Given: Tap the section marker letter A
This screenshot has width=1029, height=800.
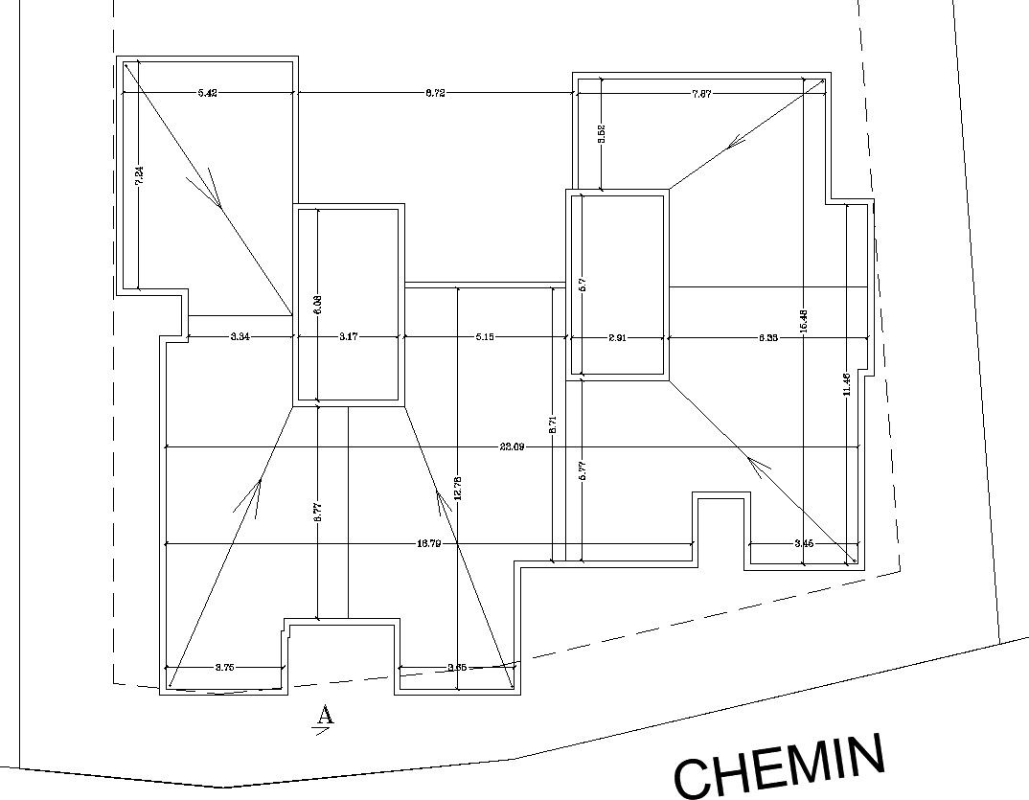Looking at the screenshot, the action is (325, 715).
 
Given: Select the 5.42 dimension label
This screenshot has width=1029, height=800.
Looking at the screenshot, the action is (207, 93).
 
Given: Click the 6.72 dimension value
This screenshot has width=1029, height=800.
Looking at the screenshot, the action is (435, 93).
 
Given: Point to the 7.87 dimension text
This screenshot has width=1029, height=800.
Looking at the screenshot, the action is (701, 94).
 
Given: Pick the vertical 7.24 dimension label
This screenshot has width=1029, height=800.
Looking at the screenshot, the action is (139, 176).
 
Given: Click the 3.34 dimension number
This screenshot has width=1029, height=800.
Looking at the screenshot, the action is (240, 337).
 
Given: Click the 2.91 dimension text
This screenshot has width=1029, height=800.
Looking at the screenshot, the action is (617, 337).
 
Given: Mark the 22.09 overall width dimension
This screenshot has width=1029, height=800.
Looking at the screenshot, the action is (512, 447).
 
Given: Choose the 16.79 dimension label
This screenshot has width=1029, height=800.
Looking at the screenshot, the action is (428, 544).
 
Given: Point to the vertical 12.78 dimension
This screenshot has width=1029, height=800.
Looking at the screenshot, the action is (458, 489).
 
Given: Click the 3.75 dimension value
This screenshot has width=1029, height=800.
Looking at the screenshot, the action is (224, 668).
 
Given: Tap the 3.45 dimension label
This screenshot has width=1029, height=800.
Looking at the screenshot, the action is (805, 544).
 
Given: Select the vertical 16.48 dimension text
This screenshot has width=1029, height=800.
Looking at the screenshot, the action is (804, 322).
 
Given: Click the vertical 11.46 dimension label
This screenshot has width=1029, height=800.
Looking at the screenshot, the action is (847, 385).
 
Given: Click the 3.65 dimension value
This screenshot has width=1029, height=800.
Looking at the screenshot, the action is (457, 668).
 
